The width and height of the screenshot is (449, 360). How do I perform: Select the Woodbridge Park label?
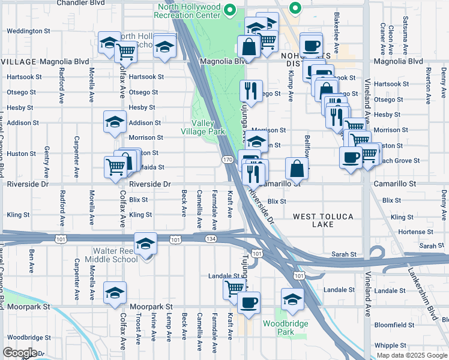click(x=279, y=328)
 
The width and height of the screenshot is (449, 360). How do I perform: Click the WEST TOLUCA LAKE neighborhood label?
click(x=322, y=220)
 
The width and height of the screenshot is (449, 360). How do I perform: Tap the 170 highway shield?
click(x=227, y=160)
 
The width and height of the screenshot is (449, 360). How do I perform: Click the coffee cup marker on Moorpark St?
click(x=249, y=302)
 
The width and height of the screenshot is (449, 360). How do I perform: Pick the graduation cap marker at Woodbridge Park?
click(x=292, y=298)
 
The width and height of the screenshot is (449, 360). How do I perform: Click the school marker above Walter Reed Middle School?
click(x=145, y=243)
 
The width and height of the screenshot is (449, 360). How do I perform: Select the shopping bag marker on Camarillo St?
click(x=297, y=167)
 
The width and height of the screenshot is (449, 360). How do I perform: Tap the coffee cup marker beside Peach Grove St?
click(x=351, y=158)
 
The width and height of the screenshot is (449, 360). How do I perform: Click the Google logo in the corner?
click(x=20, y=353)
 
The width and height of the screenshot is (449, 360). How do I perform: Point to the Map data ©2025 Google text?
click(x=412, y=355)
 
